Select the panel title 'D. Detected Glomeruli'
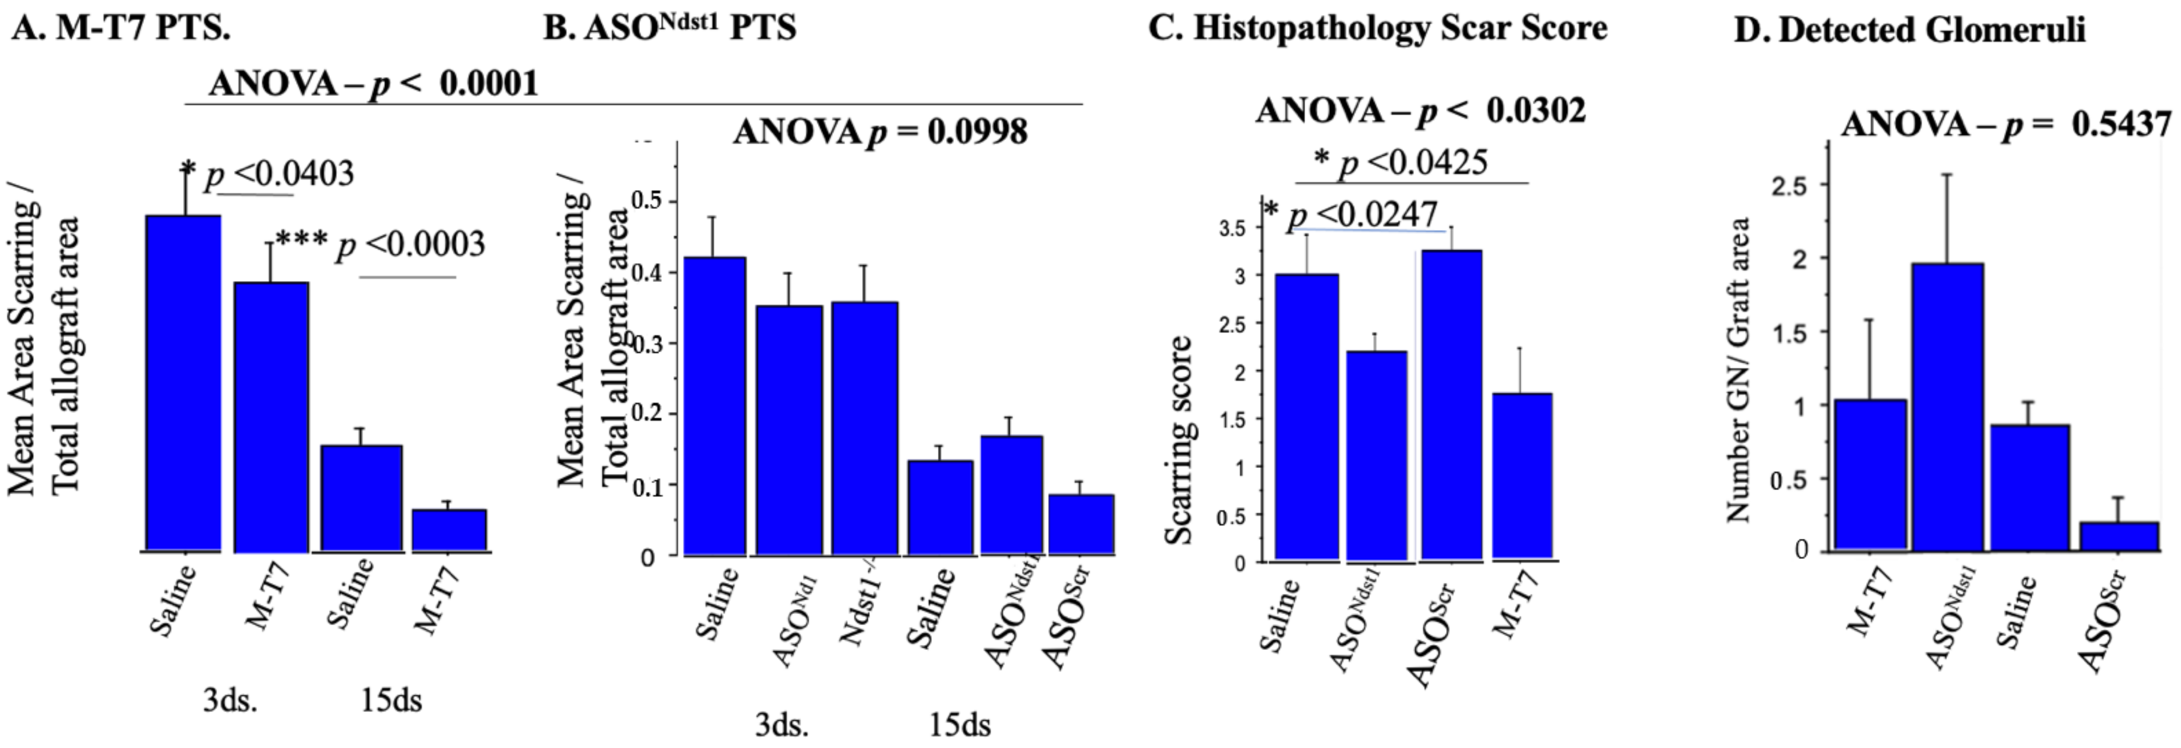(x=1909, y=30)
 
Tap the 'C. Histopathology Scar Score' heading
(x=1378, y=28)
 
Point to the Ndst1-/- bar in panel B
(x=865, y=428)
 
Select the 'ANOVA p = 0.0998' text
(x=880, y=132)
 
